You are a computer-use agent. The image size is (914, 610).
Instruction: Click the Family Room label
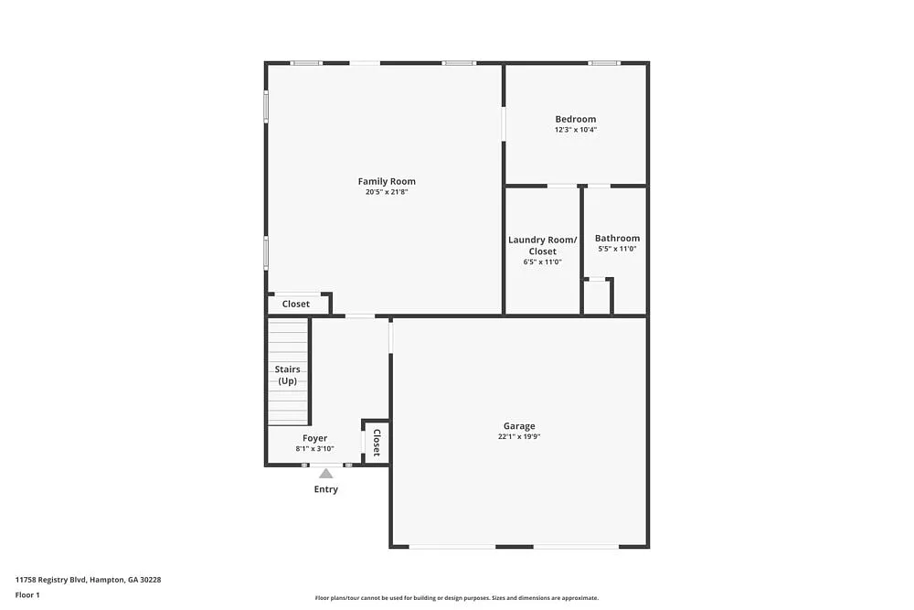[387, 181]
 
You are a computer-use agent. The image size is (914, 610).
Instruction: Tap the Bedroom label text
[575, 119]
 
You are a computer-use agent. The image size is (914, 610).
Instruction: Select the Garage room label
[519, 426]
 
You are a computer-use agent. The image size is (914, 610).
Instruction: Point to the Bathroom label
[617, 238]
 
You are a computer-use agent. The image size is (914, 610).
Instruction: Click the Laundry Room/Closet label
[542, 245]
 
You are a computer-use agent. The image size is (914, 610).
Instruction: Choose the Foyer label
[314, 438]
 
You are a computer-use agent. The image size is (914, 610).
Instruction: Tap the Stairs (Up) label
[288, 375]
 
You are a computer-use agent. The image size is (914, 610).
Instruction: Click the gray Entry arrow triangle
[325, 473]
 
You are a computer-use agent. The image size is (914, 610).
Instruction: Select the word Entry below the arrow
[325, 489]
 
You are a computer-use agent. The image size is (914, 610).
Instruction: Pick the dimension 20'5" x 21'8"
[387, 192]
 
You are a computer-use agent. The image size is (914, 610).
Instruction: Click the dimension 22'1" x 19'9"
[519, 437]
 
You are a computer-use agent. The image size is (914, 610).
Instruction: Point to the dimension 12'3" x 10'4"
[575, 130]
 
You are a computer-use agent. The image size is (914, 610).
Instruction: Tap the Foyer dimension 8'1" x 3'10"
[314, 448]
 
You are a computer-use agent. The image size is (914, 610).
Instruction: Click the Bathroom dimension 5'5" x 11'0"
[617, 249]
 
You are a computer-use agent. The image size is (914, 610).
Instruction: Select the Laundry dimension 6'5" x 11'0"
[542, 262]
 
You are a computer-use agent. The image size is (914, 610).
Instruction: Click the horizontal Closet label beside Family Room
[295, 304]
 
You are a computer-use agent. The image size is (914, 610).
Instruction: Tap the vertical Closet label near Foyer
[377, 443]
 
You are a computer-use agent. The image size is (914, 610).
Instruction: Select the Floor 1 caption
[27, 594]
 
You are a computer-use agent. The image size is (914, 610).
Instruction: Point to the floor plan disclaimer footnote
[457, 598]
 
